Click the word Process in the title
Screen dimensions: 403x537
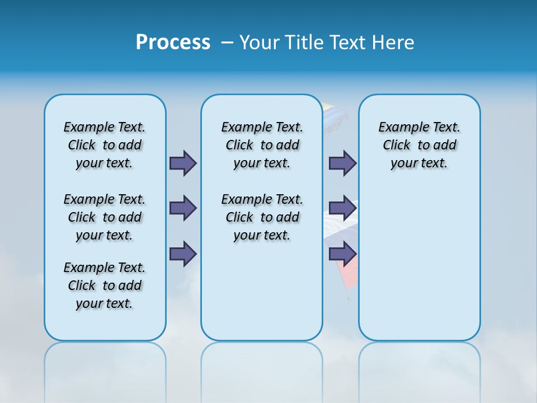pos(173,43)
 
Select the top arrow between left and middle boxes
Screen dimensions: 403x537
pos(183,163)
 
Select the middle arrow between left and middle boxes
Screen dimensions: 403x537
pos(183,208)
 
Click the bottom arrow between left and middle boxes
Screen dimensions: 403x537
pos(183,254)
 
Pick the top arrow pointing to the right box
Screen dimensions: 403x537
pos(342,163)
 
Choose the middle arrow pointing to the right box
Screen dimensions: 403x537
pos(342,208)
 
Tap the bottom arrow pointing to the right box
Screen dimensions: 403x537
pos(342,254)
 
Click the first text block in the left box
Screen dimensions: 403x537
pos(105,145)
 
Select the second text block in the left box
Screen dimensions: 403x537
pos(105,217)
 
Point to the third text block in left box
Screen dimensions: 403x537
pos(105,285)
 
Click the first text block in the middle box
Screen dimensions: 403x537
pos(262,145)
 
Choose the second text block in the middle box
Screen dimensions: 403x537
pos(262,217)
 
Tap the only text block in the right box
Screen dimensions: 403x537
pos(419,145)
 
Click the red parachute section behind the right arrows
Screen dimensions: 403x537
pos(344,277)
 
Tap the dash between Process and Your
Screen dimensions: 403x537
pos(227,43)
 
